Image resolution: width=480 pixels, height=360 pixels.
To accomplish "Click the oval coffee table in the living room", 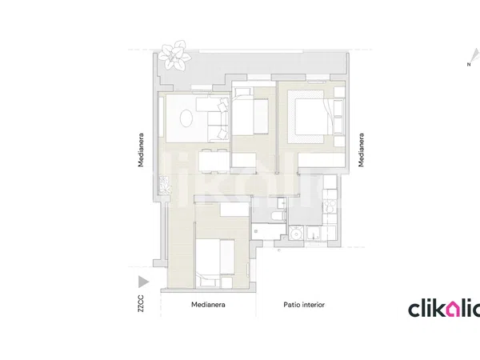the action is tap(186, 118).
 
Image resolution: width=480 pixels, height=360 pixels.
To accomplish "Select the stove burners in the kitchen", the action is tap(330, 206).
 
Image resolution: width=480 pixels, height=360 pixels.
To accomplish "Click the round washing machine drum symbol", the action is tap(296, 234).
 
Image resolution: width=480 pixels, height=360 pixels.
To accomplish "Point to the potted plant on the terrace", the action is tap(174, 55).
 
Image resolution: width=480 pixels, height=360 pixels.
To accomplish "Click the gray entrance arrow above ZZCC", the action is tap(143, 282).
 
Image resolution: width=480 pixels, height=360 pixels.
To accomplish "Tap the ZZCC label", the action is tap(141, 303).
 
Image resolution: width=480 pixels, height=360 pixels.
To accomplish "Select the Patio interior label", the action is tap(304, 305).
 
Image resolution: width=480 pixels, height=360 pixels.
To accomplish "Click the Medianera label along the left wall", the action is tap(141, 150).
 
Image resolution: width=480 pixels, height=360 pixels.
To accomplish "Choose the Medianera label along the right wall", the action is tap(362, 150).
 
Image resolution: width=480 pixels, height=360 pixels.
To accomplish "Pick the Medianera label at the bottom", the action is tap(208, 305).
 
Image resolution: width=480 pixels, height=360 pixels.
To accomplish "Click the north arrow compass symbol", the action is tap(474, 57).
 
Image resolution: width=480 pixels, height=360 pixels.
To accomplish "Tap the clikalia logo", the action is tap(444, 309).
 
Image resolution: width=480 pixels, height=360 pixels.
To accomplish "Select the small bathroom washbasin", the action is tap(282, 202).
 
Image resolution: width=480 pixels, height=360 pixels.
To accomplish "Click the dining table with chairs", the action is tap(214, 161).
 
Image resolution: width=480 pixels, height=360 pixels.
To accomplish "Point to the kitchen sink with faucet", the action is tap(313, 234).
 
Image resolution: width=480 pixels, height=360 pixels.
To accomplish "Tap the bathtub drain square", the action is tap(256, 232).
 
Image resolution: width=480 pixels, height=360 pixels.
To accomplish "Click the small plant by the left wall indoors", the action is tap(165, 185).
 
